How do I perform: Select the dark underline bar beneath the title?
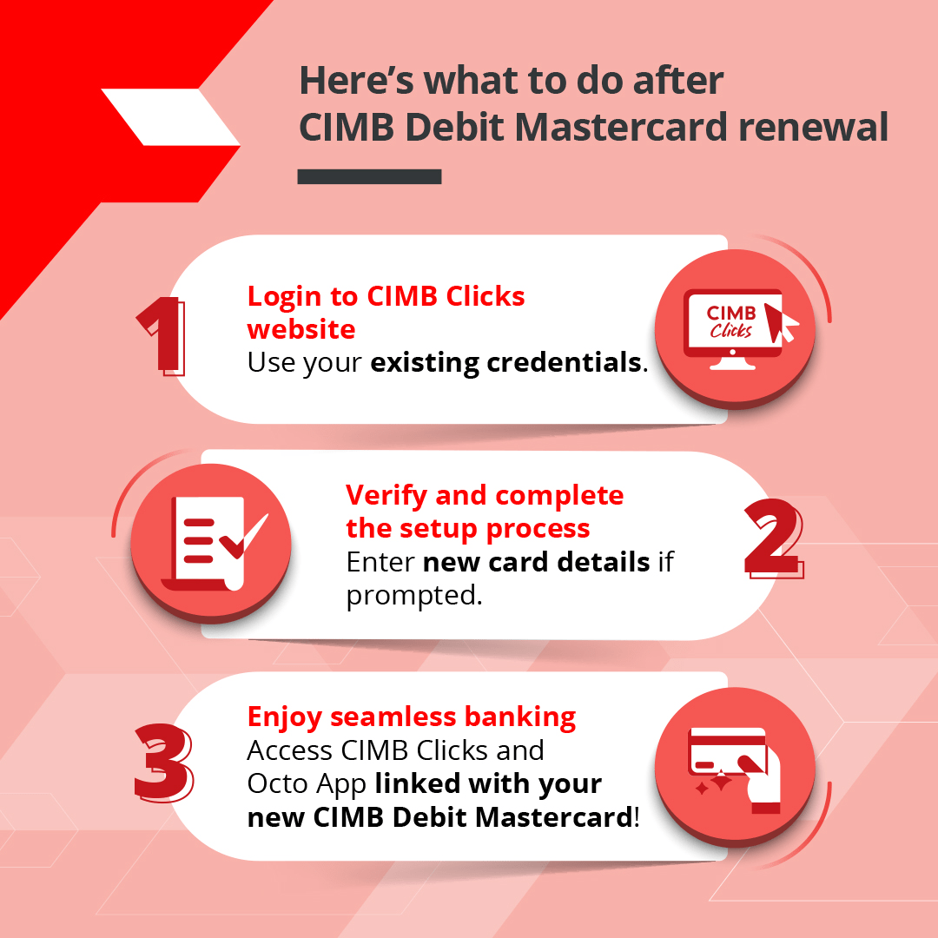(x=369, y=176)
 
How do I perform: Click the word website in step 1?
(x=301, y=329)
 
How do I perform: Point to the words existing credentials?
(x=506, y=362)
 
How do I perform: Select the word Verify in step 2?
(x=386, y=495)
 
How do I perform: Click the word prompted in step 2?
(x=413, y=596)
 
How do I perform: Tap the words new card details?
(x=536, y=562)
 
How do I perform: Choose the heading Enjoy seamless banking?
(x=412, y=717)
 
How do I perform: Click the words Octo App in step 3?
(x=308, y=783)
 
